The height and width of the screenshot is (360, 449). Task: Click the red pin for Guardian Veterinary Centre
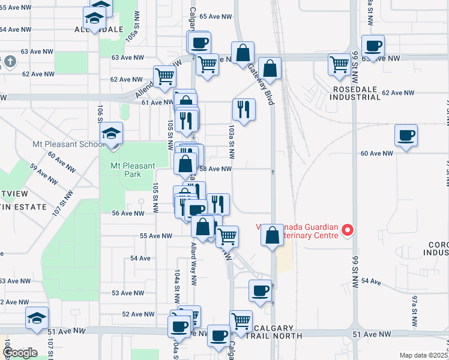[347, 230]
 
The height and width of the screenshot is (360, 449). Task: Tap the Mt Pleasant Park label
[133, 170]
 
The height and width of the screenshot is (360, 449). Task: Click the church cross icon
[10, 61]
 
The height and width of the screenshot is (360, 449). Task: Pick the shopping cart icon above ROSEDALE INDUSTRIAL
[339, 63]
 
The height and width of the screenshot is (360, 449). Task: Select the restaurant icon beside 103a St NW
[244, 109]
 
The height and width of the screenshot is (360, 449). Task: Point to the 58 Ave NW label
[215, 169]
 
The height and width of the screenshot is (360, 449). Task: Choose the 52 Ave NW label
[138, 314]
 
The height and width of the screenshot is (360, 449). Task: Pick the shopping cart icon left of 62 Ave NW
[164, 76]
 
